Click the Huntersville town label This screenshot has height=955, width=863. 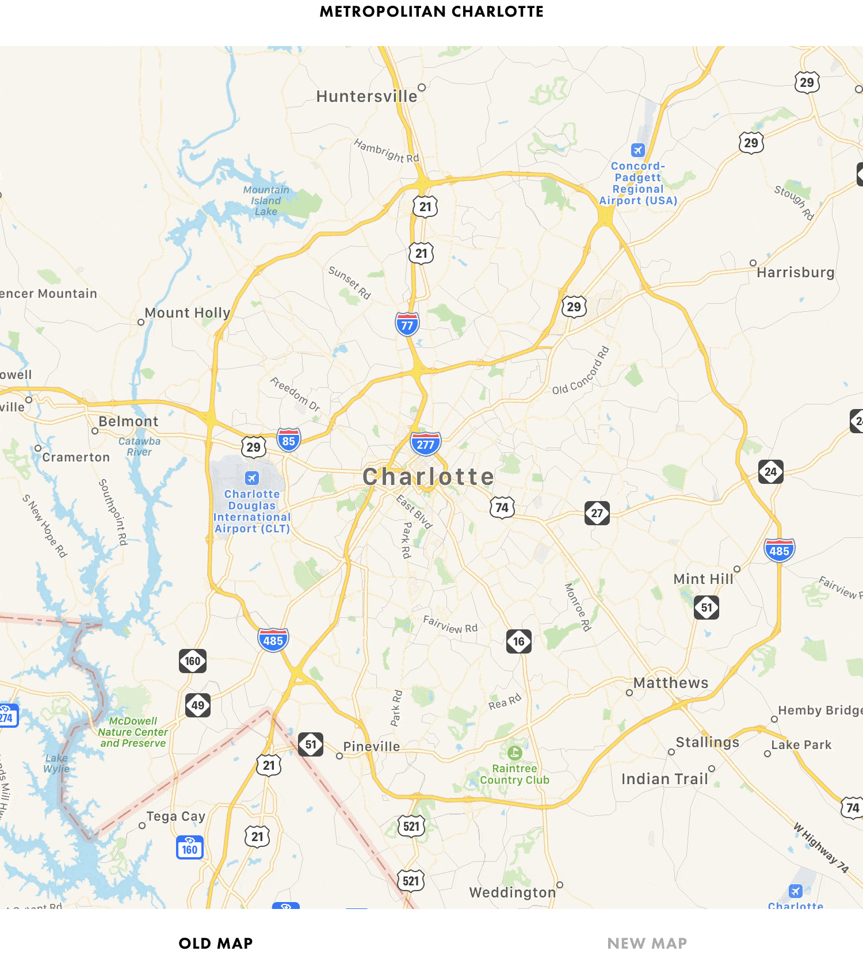(x=366, y=96)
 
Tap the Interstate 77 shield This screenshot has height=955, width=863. (x=407, y=324)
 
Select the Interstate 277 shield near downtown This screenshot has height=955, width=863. (x=425, y=444)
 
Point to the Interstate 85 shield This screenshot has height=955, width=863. (x=288, y=441)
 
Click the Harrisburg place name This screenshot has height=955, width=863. (x=795, y=272)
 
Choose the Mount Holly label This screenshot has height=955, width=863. (x=187, y=313)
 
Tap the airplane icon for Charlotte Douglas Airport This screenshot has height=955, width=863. (x=252, y=478)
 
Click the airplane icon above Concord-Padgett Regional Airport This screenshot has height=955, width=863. (x=637, y=150)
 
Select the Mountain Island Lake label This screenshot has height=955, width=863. (x=266, y=201)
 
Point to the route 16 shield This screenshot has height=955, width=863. (x=518, y=641)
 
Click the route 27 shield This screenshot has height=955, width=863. (x=597, y=513)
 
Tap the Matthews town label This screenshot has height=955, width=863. (x=671, y=683)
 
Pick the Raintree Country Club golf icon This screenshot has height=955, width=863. (x=514, y=752)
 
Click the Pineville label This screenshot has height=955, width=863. (x=371, y=747)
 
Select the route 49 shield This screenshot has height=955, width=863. (x=198, y=705)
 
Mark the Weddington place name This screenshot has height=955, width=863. (x=512, y=892)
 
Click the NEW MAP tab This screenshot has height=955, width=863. (x=647, y=943)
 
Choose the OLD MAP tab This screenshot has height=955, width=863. (x=216, y=943)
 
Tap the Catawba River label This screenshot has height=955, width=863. (x=139, y=446)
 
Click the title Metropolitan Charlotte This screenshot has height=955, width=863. (x=431, y=12)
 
